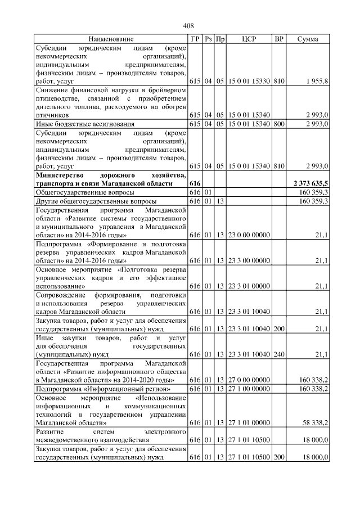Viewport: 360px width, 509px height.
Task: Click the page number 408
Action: click(x=188, y=25)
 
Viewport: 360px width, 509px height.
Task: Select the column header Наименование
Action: click(x=111, y=39)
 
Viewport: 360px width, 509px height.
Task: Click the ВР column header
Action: click(x=278, y=39)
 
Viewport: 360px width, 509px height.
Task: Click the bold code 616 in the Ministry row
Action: click(x=195, y=183)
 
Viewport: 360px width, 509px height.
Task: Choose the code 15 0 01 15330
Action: click(x=249, y=82)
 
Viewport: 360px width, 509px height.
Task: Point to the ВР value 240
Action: click(x=278, y=354)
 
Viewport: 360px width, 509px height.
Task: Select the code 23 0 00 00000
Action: click(x=249, y=234)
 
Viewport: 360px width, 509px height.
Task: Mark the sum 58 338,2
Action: click(x=315, y=421)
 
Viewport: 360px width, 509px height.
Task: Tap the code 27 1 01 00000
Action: click(x=249, y=421)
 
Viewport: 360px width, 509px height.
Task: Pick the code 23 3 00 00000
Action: click(x=249, y=260)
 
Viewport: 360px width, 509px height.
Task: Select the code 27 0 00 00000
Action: click(x=249, y=380)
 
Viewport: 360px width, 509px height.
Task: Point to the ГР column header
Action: click(x=195, y=39)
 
